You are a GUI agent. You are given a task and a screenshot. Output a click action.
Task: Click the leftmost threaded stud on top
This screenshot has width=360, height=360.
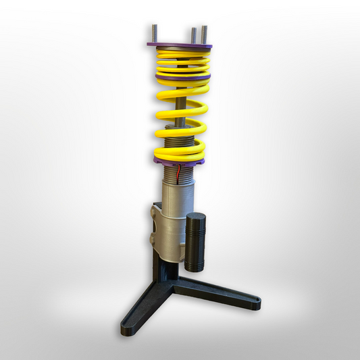tap(154, 33)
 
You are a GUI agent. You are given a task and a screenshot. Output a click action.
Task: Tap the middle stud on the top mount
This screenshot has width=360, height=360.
tap(194, 34)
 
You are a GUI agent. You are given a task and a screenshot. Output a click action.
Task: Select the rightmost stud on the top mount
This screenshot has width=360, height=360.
tap(203, 34)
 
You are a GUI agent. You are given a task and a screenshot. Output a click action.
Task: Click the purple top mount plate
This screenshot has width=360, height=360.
tap(179, 46)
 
